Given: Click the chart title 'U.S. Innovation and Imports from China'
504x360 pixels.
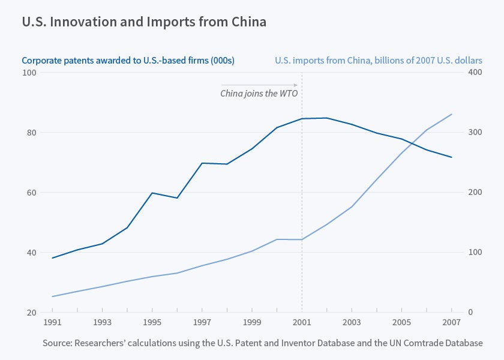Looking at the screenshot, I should coord(144,22).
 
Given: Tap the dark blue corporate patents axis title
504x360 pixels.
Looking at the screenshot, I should coord(128,61).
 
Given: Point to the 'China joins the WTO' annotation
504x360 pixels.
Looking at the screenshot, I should coord(259,94).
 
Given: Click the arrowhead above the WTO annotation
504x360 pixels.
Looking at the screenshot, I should coord(296,85).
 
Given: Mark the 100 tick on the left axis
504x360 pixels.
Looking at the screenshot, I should coord(30,73).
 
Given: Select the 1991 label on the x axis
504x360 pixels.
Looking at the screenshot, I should coord(53,322).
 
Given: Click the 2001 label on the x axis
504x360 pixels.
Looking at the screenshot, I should coord(302,322).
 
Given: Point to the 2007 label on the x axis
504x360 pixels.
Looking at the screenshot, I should coord(451,322).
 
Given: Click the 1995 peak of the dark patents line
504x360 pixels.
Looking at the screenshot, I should coord(152,193).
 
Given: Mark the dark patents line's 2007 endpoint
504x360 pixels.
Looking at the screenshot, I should coord(451,157).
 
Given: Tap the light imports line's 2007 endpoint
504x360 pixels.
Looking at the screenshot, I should coord(451,114).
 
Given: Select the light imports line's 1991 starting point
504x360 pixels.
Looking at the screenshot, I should coord(53,296).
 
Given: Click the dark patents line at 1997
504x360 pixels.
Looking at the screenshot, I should coord(202,163).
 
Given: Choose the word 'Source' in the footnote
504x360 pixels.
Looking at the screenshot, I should coord(58,343).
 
